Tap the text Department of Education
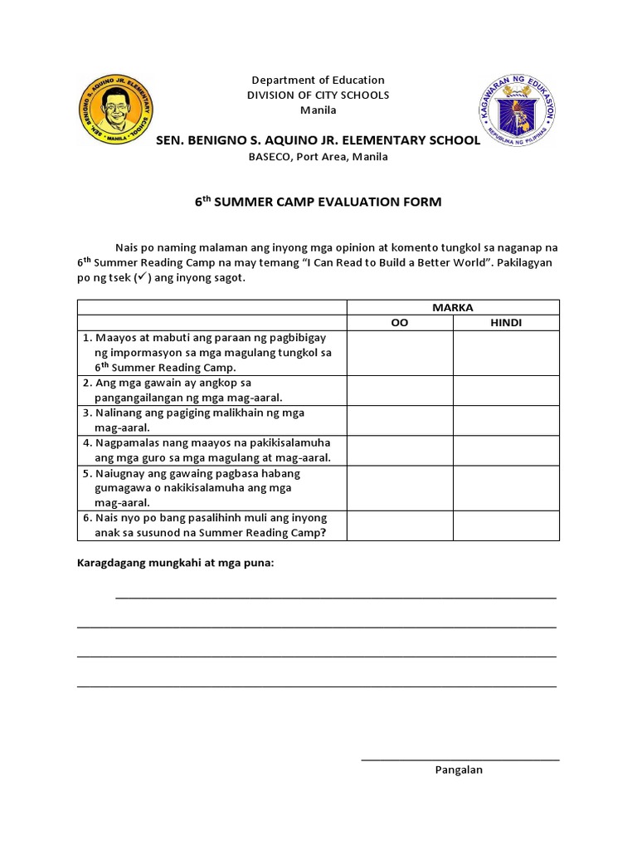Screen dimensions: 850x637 click(x=318, y=80)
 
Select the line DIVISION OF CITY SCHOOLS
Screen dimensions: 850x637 click(x=318, y=95)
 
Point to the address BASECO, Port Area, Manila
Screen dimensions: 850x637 click(x=318, y=157)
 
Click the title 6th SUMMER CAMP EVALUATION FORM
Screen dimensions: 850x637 click(x=318, y=202)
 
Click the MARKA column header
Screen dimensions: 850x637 click(x=453, y=307)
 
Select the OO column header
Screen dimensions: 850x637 click(x=400, y=323)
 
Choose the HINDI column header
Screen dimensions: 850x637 click(x=506, y=323)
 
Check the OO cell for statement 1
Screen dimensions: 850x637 click(x=400, y=353)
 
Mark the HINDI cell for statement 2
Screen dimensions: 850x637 click(x=506, y=390)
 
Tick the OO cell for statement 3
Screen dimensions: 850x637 click(x=400, y=420)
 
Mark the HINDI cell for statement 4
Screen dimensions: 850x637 click(x=506, y=450)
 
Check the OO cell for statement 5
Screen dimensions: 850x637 click(x=400, y=487)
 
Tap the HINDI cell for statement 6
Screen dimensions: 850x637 click(x=506, y=525)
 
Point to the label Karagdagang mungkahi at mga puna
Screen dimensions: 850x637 click(x=175, y=564)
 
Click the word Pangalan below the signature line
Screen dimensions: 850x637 click(x=459, y=769)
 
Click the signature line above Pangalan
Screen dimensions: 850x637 click(x=460, y=759)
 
